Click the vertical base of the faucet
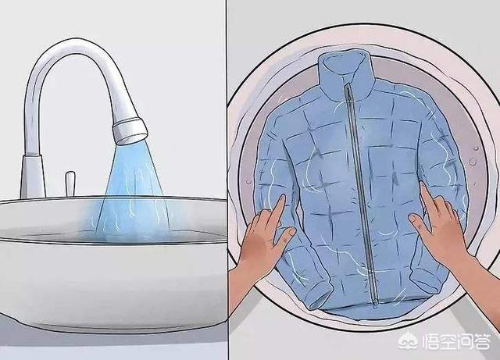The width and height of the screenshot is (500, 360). (31, 176)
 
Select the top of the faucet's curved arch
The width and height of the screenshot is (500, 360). (70, 48)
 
